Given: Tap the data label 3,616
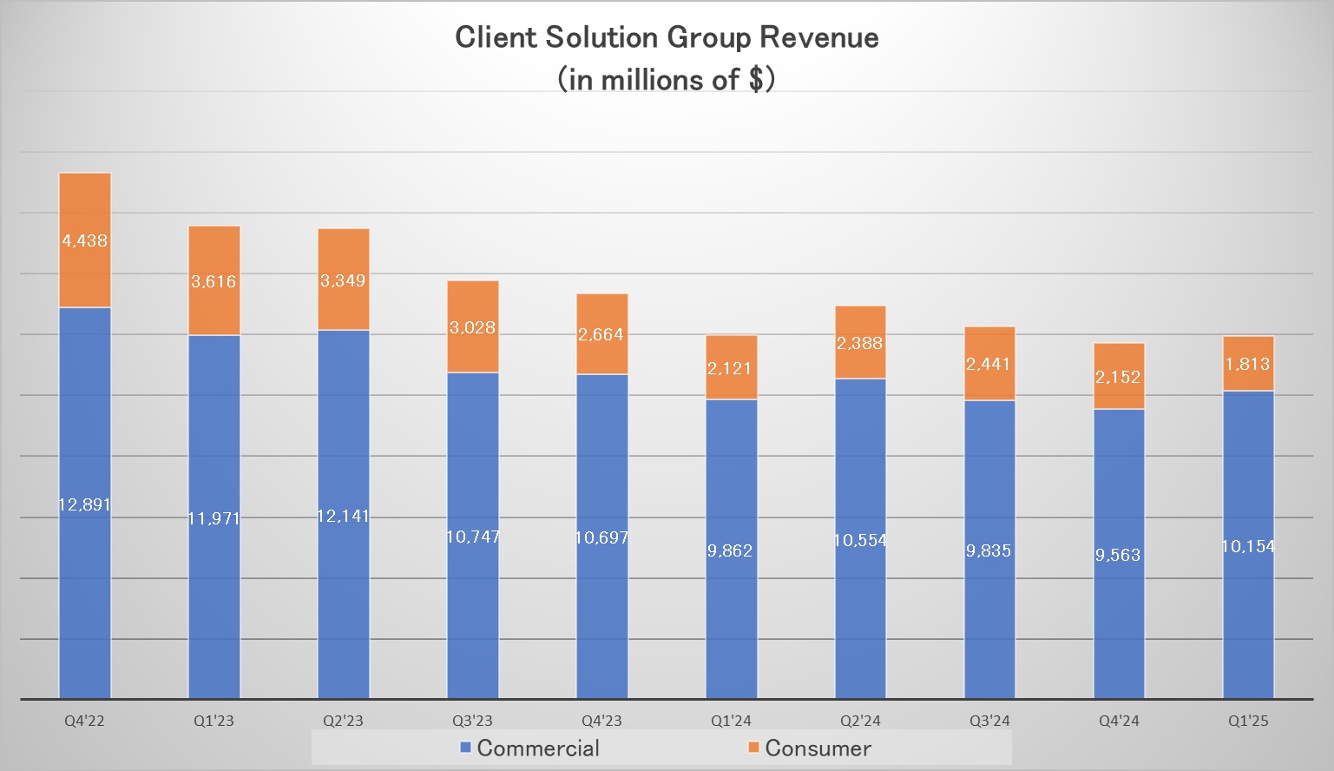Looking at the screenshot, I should tap(214, 281).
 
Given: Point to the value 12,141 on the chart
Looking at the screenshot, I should tap(343, 516).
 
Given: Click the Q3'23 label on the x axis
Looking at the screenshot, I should tap(472, 721).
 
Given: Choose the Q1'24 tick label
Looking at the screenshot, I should tap(731, 721).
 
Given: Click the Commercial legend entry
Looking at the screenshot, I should tap(529, 748).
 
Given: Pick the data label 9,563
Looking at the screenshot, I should tap(1118, 555).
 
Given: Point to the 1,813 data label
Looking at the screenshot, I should tap(1248, 364).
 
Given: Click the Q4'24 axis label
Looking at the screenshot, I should tap(1119, 721).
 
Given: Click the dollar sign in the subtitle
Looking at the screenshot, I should tap(756, 79).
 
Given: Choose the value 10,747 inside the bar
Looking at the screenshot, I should tap(473, 537).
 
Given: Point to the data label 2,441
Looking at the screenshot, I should tap(989, 364).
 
